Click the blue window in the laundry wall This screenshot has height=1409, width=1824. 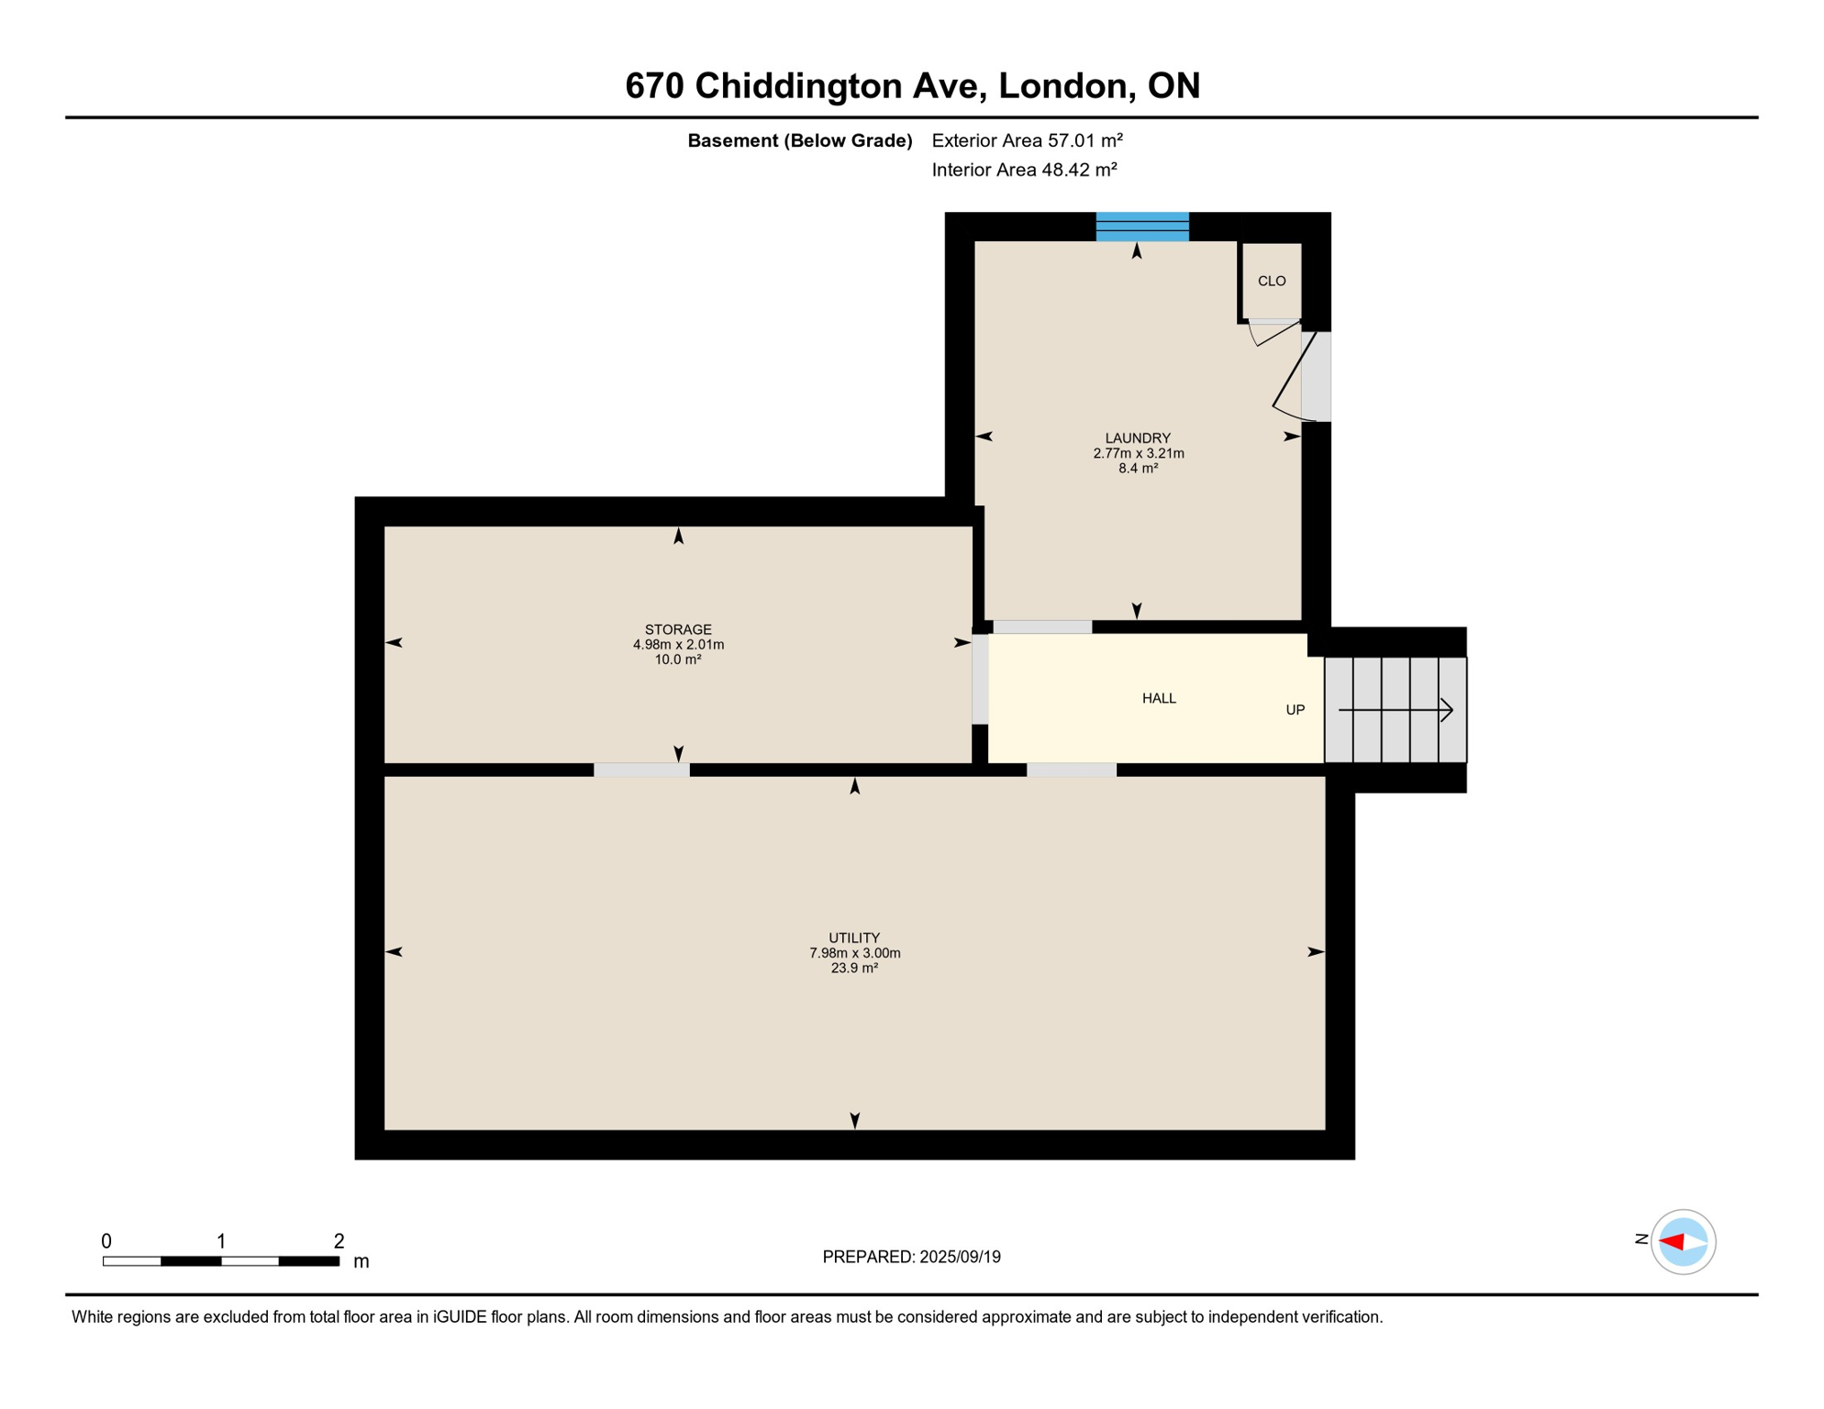tap(1142, 227)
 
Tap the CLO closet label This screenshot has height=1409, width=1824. tap(1272, 282)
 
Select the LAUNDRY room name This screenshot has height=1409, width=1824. tap(1138, 438)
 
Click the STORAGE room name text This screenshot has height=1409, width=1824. tap(678, 630)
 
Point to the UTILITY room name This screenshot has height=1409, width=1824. tap(854, 938)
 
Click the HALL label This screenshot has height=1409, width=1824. tap(1159, 699)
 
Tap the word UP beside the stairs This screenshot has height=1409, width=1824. tap(1295, 710)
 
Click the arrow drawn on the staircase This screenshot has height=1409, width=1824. tap(1396, 710)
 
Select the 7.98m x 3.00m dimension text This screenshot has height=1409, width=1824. tap(854, 953)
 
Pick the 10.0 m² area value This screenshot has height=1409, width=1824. tap(678, 660)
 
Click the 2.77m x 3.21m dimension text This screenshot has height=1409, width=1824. tap(1138, 453)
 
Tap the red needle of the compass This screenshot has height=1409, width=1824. tap(1672, 1242)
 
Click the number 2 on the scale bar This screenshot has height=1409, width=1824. tap(339, 1241)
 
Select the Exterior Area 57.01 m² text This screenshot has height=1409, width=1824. tap(1027, 140)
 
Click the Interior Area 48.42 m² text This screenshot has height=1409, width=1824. tap(1024, 170)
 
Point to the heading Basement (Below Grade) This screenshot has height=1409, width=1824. tap(799, 140)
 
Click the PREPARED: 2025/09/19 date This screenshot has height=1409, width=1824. tap(911, 1257)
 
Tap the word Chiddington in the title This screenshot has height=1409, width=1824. tap(798, 86)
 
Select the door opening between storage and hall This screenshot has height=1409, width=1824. tap(980, 680)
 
